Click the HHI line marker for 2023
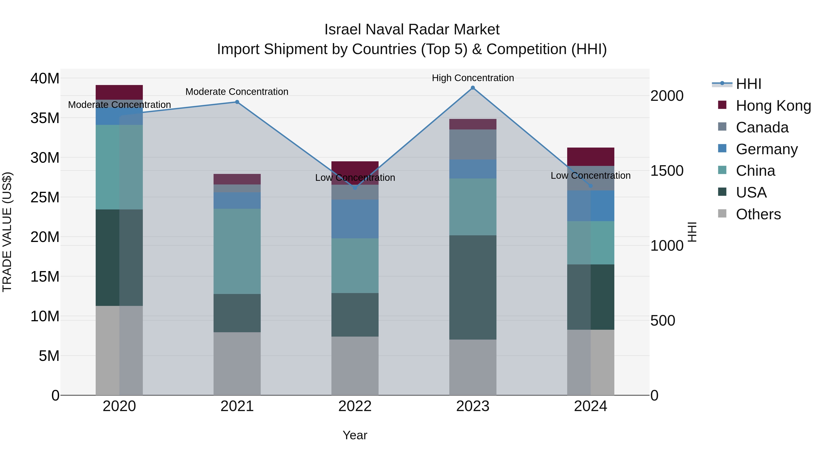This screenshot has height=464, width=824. pyautogui.click(x=472, y=88)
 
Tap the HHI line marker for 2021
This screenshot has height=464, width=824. pyautogui.click(x=237, y=102)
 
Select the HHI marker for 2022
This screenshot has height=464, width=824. pyautogui.click(x=355, y=188)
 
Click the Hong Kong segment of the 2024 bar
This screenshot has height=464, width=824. pyautogui.click(x=591, y=156)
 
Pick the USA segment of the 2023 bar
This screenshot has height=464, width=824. pyautogui.click(x=472, y=287)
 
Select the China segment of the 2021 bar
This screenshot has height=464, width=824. pyautogui.click(x=237, y=251)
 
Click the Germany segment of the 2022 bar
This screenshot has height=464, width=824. pyautogui.click(x=355, y=219)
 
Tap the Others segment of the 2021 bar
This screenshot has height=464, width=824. pyautogui.click(x=237, y=363)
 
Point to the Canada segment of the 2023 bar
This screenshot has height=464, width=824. pyautogui.click(x=472, y=144)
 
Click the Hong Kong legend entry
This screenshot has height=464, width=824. pyautogui.click(x=773, y=106)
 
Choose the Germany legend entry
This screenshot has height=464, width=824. pyautogui.click(x=766, y=149)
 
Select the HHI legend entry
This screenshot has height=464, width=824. pyautogui.click(x=748, y=84)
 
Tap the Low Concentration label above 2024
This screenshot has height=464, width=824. pyautogui.click(x=591, y=176)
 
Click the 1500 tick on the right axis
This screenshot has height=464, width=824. pyautogui.click(x=667, y=171)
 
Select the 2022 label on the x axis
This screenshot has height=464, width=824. pyautogui.click(x=355, y=406)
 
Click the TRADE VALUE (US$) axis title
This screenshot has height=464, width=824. pyautogui.click(x=7, y=232)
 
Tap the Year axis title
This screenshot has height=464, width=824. pyautogui.click(x=355, y=435)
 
